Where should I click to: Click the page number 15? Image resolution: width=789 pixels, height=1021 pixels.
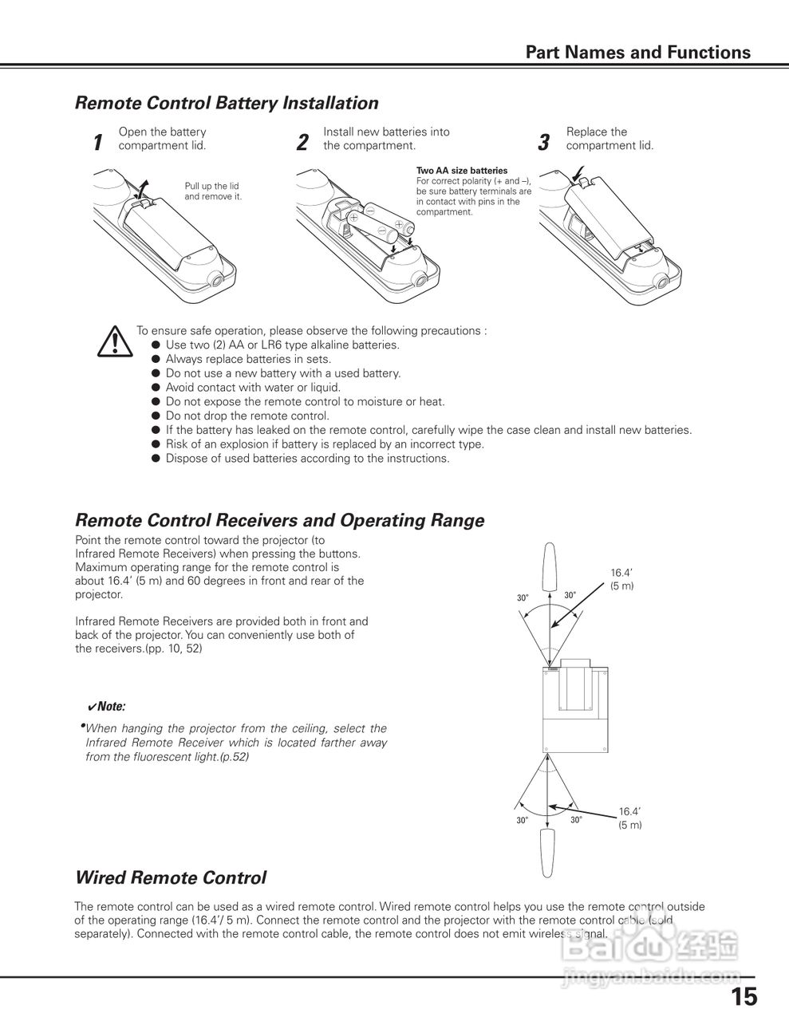point(744,996)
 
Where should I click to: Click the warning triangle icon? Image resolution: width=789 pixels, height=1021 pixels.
point(115,341)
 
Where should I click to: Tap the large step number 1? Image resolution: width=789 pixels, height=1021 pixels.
point(97,143)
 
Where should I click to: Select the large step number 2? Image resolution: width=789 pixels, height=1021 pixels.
point(302,143)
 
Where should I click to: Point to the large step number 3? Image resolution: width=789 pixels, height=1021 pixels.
point(544,143)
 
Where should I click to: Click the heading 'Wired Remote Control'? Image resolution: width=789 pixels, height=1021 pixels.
point(170,878)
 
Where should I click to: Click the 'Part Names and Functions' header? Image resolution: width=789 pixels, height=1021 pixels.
point(637,53)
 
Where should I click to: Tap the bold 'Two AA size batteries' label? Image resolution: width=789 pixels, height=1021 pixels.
point(462,171)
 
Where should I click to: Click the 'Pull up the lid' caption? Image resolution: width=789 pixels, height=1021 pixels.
point(211,186)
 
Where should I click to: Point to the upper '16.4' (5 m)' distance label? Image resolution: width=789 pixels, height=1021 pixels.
point(622,579)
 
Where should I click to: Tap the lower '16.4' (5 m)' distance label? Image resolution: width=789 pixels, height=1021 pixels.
point(630,818)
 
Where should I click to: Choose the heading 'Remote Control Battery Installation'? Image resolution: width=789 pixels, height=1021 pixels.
point(227,103)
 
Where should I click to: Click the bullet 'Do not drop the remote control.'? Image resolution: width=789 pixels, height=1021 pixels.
point(247,416)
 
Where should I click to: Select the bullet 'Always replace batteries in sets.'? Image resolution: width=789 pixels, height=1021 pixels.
point(248,359)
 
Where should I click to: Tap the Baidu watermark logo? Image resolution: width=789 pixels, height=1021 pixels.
point(650,948)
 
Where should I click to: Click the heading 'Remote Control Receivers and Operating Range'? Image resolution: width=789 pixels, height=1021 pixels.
point(279,520)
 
